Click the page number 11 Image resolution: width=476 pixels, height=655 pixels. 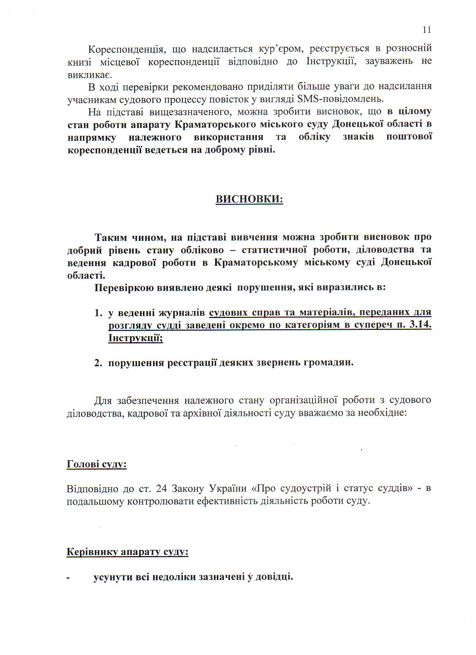coord(427,30)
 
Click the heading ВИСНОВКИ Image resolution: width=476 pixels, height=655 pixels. coord(249,199)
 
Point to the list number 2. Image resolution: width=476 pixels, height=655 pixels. coord(98,362)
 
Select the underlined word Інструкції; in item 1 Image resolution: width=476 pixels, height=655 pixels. coord(136,338)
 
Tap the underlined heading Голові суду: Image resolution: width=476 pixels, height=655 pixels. coord(96,464)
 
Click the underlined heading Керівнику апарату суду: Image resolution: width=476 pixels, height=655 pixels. coord(127,552)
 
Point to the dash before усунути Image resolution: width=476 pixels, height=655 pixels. coord(68,577)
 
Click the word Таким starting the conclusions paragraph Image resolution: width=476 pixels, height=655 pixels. coord(111,237)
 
